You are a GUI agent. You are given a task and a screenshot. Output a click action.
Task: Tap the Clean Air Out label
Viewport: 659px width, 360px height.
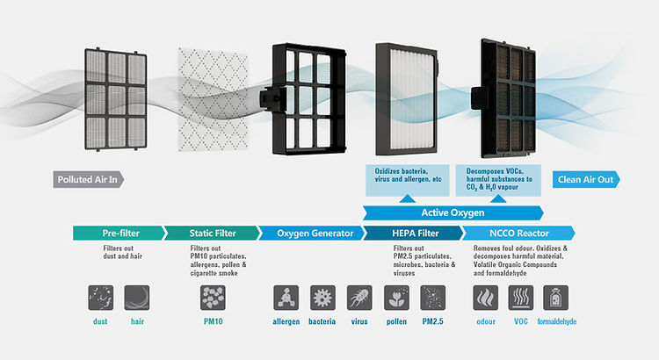(x=587, y=180)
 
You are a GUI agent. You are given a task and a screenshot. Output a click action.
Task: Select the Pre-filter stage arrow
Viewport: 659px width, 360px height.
(x=119, y=233)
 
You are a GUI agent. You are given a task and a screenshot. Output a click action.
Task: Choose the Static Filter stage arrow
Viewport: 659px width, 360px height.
(x=212, y=233)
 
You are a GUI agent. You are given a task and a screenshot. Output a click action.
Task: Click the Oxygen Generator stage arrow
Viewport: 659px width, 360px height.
(x=312, y=233)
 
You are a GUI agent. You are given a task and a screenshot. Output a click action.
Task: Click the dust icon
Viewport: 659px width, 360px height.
(x=101, y=298)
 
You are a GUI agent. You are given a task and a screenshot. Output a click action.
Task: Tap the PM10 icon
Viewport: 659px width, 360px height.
(x=212, y=298)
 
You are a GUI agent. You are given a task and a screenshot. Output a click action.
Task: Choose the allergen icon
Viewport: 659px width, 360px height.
(x=286, y=298)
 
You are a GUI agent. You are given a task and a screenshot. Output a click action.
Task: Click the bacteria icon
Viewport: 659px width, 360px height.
(x=322, y=298)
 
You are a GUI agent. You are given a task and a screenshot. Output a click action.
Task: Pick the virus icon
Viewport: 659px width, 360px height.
(x=359, y=298)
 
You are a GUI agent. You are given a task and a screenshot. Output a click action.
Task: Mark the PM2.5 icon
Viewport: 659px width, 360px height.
(x=433, y=298)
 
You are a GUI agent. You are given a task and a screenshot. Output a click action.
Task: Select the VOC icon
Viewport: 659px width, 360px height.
(x=521, y=298)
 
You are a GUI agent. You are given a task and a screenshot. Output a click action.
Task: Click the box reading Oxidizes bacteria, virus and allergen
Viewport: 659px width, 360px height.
(x=405, y=179)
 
